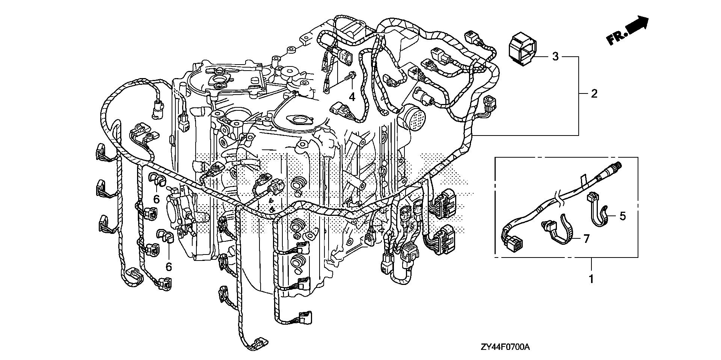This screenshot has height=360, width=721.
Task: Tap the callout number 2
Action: pyautogui.click(x=594, y=93)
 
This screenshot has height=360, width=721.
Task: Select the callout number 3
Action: pyautogui.click(x=555, y=57)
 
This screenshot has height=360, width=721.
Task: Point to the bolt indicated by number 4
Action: pyautogui.click(x=351, y=76)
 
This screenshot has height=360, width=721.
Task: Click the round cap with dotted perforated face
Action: pyautogui.click(x=413, y=117)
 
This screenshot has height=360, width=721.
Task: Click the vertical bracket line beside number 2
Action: pyautogui.click(x=578, y=96)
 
